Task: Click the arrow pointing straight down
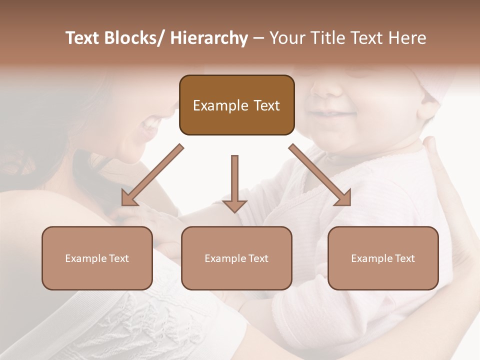click(x=234, y=185)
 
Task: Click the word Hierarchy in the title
click(x=209, y=38)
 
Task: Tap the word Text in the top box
click(x=266, y=105)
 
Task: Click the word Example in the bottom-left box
click(x=86, y=258)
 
